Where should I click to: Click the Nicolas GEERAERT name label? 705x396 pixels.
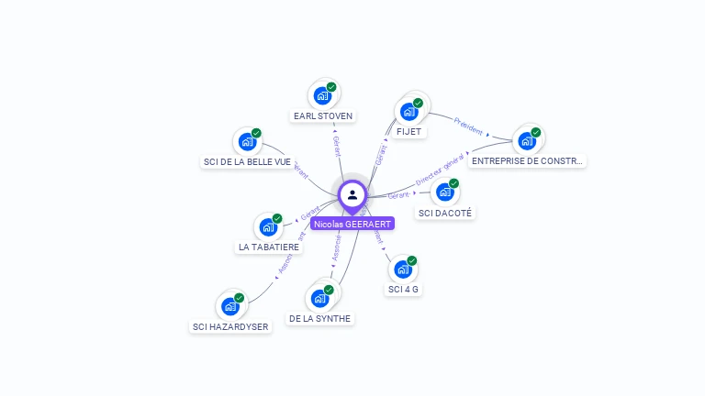pos(352,224)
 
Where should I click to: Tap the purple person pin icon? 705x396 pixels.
pos(352,194)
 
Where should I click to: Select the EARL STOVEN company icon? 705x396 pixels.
pos(322,94)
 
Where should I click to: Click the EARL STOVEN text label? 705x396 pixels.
pos(322,116)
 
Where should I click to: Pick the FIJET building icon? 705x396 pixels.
pos(408,111)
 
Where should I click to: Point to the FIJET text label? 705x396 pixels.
pos(408,132)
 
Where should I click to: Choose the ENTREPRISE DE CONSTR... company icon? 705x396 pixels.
pos(527,140)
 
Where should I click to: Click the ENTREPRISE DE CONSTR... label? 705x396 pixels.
pos(527,161)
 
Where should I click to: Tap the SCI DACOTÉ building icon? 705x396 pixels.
pos(445,192)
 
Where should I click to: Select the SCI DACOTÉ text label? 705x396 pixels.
pos(446,213)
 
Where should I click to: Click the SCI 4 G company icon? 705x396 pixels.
pos(403,269)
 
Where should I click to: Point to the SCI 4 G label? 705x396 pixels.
pos(403,290)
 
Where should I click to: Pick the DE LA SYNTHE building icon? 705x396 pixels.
pos(319,298)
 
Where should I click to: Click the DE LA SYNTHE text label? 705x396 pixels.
pos(319,319)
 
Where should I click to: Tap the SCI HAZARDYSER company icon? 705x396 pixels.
pos(230,305)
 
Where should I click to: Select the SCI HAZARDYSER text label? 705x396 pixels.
pos(230,326)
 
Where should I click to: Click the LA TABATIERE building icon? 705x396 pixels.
pos(268,226)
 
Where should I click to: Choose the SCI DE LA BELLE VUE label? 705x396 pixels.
pos(246,162)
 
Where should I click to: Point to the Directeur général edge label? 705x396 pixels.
pos(440,172)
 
